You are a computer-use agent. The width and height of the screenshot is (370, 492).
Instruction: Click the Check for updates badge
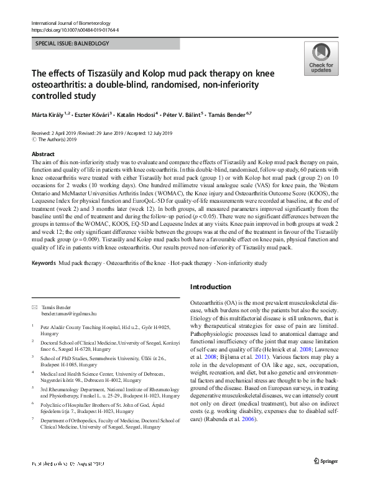[x=320, y=59]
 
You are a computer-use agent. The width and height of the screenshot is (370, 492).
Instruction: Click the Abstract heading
[x=43, y=154]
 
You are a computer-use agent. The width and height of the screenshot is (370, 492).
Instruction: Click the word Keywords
[x=44, y=264]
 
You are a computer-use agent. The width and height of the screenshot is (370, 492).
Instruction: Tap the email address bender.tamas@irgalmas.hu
[x=68, y=315]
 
